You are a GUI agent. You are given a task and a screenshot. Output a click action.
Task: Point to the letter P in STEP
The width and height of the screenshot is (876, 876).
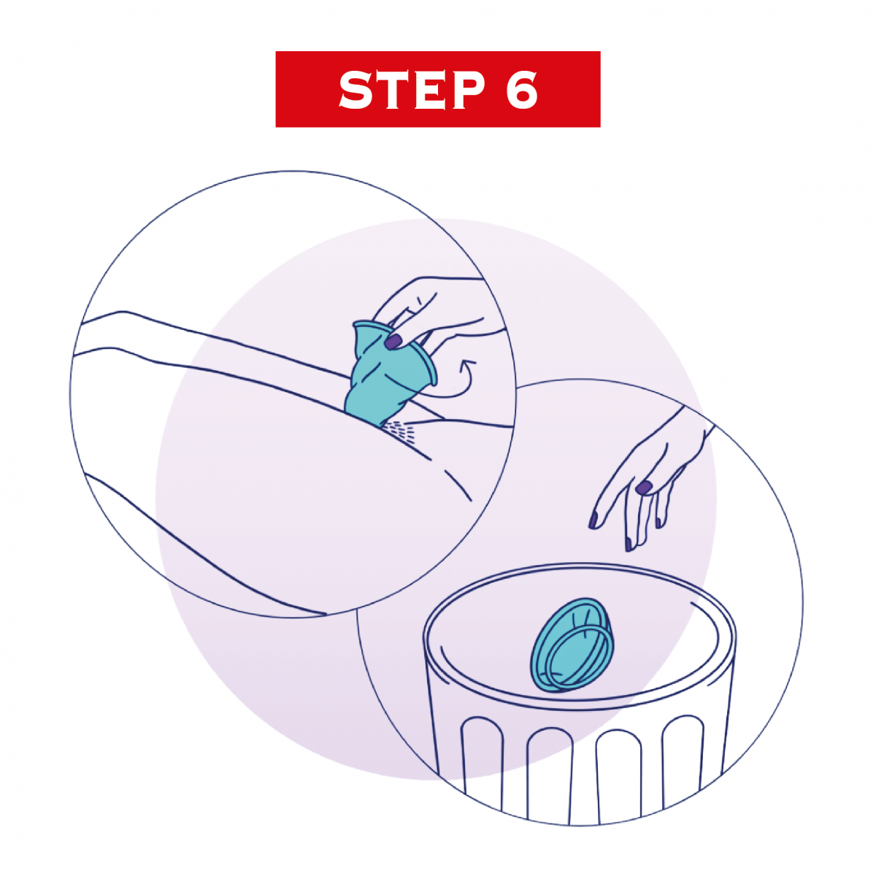(x=467, y=90)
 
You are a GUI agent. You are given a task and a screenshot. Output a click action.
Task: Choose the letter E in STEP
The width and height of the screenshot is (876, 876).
(x=429, y=90)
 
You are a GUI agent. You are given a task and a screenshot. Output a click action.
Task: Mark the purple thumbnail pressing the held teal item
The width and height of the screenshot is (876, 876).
(x=393, y=341)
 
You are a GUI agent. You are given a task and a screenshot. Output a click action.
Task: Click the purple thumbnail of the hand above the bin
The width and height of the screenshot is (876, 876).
(x=643, y=488)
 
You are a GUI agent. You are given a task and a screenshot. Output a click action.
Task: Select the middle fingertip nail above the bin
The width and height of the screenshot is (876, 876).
(x=629, y=543)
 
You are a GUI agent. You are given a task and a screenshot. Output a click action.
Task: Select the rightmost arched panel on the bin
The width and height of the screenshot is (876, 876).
(x=683, y=760)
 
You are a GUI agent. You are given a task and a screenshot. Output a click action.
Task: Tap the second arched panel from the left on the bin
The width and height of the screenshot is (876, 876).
(x=550, y=778)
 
